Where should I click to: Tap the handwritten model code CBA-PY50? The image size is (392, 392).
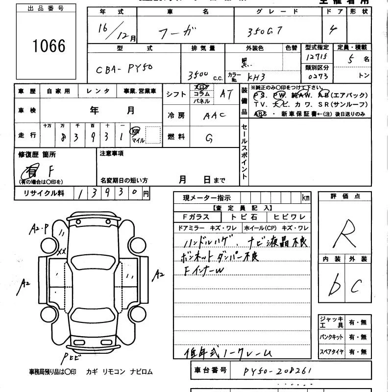pos(124,69)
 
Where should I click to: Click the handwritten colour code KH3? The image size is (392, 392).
pos(256,77)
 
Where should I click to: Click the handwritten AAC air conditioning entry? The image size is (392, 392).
pos(214,116)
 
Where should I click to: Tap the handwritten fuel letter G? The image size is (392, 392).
pos(209,139)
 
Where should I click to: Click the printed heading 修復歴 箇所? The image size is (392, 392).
pos(37,154)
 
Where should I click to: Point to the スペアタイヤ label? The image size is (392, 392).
pos(331,352)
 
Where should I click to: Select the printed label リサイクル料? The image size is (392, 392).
pos(44,193)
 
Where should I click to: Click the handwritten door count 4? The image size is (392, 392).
pos(333,31)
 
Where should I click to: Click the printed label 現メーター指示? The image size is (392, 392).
pos(207,198)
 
